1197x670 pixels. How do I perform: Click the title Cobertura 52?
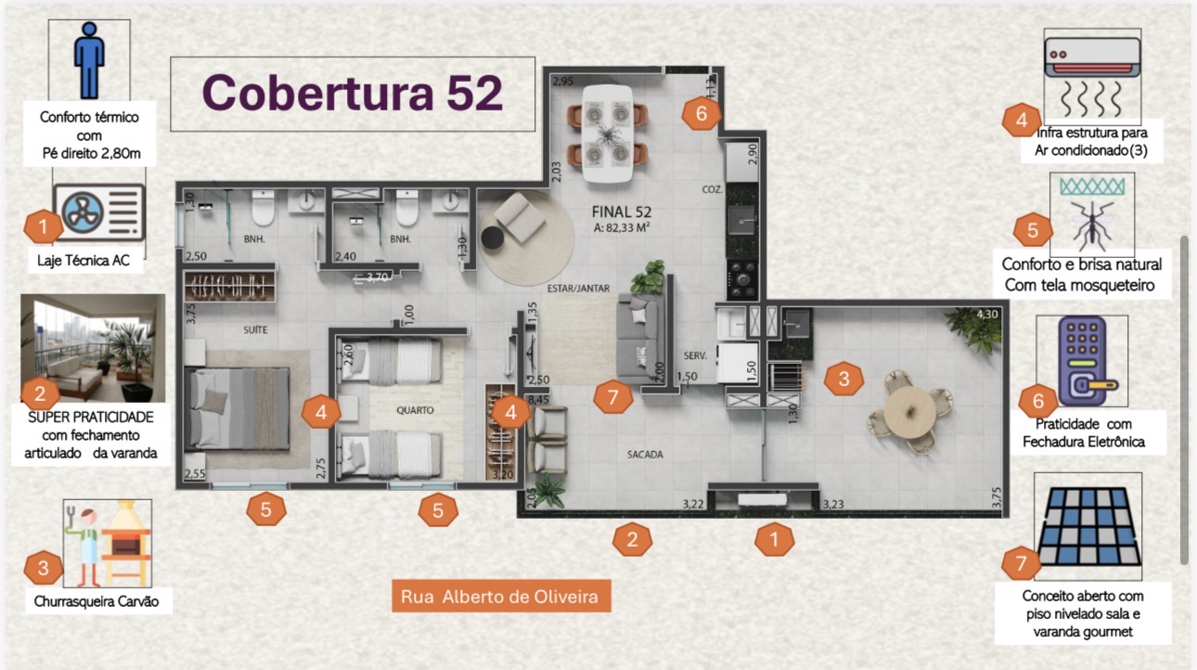(353, 93)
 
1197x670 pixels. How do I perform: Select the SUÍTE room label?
(255, 329)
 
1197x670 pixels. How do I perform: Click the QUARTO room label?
(415, 410)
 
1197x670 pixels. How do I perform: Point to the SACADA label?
(645, 455)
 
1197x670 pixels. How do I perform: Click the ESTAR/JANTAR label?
(578, 289)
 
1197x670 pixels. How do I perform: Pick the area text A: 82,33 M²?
(622, 227)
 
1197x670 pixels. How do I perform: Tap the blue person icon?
(89, 59)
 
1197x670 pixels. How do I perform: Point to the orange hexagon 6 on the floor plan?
(701, 113)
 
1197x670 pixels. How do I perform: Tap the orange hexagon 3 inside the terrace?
(843, 379)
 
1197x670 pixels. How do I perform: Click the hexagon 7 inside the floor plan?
(613, 397)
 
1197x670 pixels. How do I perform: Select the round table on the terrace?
(909, 412)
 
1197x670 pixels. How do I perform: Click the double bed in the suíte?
(238, 408)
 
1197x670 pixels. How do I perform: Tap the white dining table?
(608, 134)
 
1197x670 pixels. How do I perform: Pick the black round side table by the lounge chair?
(492, 238)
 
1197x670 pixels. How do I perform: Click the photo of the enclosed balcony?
(93, 348)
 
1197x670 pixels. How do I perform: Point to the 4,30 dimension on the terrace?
(987, 315)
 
